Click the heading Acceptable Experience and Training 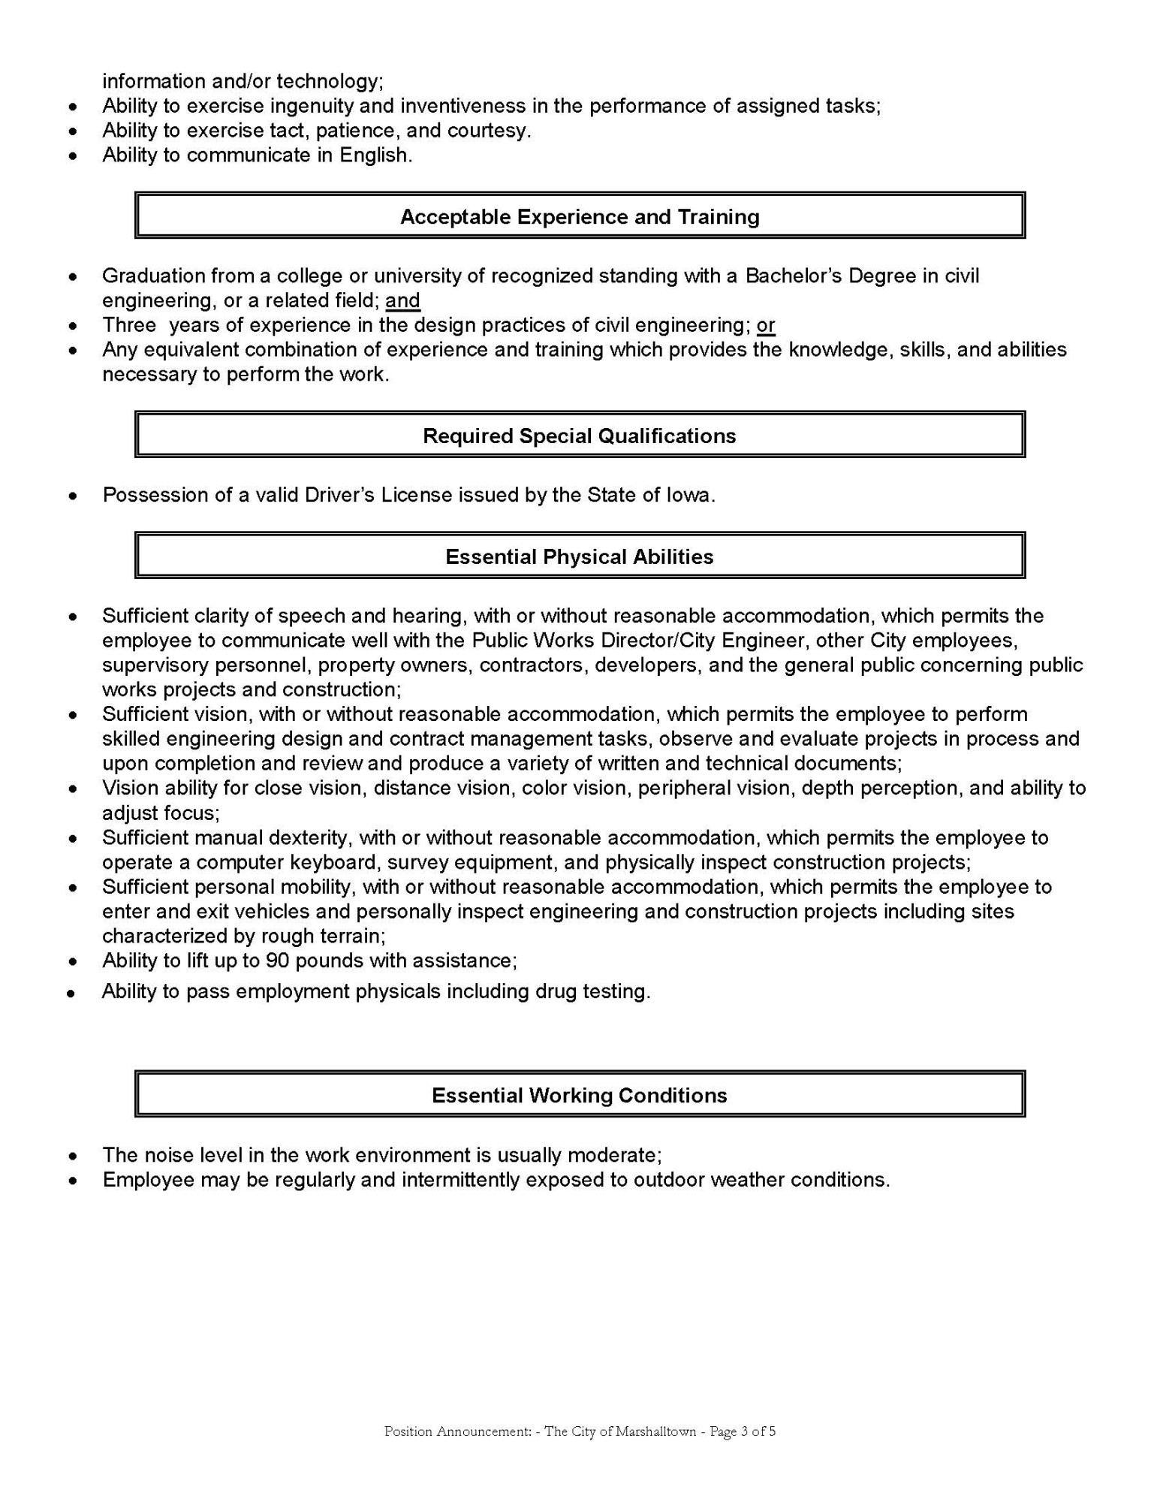(580, 217)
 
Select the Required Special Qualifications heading (580, 436)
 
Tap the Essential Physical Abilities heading (580, 557)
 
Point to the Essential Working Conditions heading (580, 1096)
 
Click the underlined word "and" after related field (403, 301)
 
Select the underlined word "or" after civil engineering (766, 326)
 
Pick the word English (375, 155)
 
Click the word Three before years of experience (129, 326)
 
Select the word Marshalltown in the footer (655, 1431)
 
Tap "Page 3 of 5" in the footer (742, 1431)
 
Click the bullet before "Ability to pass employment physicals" (71, 994)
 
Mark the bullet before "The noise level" (72, 1156)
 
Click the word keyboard (333, 862)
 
